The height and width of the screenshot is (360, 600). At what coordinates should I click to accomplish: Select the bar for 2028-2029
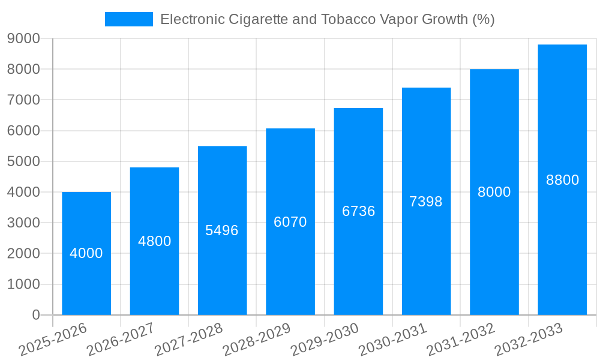click(290, 270)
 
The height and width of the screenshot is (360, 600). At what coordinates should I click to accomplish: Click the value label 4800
click(155, 241)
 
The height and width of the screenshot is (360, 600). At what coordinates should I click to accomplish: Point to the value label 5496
click(222, 230)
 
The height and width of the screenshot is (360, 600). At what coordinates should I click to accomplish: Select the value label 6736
click(358, 211)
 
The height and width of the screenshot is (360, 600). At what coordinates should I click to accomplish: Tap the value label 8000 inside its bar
click(494, 192)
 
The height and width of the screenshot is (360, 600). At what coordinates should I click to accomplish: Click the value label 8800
click(562, 180)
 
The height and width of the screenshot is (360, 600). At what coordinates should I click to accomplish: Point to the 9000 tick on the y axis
click(23, 38)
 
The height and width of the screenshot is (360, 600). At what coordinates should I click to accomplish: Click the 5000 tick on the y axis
click(23, 161)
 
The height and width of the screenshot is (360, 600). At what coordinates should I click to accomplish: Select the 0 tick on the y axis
click(36, 315)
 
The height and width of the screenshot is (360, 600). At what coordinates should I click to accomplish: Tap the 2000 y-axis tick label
click(23, 254)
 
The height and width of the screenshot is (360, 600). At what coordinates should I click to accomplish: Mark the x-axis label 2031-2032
click(461, 339)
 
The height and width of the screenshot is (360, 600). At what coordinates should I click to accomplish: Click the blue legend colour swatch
click(129, 19)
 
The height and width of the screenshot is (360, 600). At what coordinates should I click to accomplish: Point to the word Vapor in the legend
click(400, 19)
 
